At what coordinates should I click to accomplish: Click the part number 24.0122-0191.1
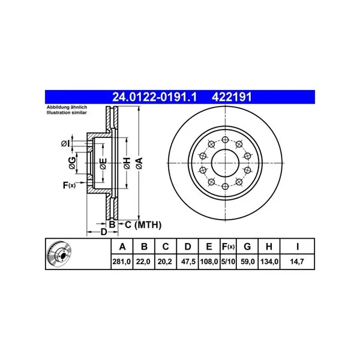point(155,97)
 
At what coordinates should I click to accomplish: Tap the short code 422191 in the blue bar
point(232,97)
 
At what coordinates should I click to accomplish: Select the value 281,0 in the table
point(122,262)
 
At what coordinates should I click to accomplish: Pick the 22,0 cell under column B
point(143,262)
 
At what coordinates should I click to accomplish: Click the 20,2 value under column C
point(165,262)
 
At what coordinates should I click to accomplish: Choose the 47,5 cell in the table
point(188,262)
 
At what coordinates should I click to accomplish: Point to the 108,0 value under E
point(209,262)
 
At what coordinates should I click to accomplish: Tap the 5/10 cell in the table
point(228,262)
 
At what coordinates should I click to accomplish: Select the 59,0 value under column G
point(248,262)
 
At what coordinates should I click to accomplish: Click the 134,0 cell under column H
point(269,262)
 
